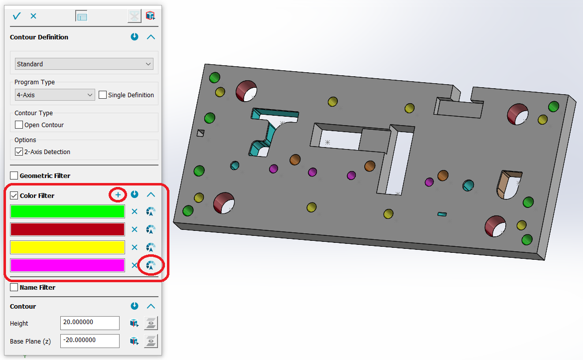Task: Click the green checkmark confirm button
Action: tap(17, 16)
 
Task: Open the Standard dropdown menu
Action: tap(84, 64)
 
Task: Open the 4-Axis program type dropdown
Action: tap(55, 95)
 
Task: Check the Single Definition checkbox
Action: tap(103, 95)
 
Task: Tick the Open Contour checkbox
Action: tap(18, 125)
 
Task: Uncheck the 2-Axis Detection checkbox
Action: tap(18, 152)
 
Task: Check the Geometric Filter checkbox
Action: tap(14, 176)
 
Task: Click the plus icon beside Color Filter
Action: tap(118, 194)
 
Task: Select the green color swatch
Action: tap(67, 211)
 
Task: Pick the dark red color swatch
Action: tap(67, 229)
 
